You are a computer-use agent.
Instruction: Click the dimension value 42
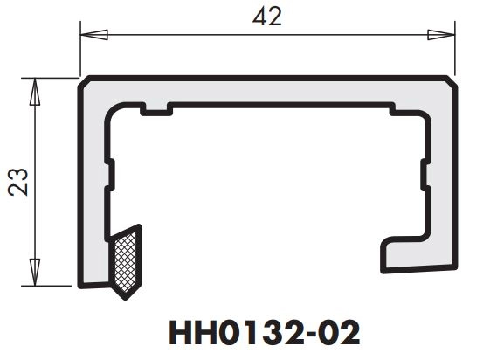[x=268, y=16]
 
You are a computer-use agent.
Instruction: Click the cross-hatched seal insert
[x=125, y=258]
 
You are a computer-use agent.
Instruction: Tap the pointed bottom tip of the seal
[x=122, y=289]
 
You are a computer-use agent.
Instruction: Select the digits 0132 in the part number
[x=255, y=334]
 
